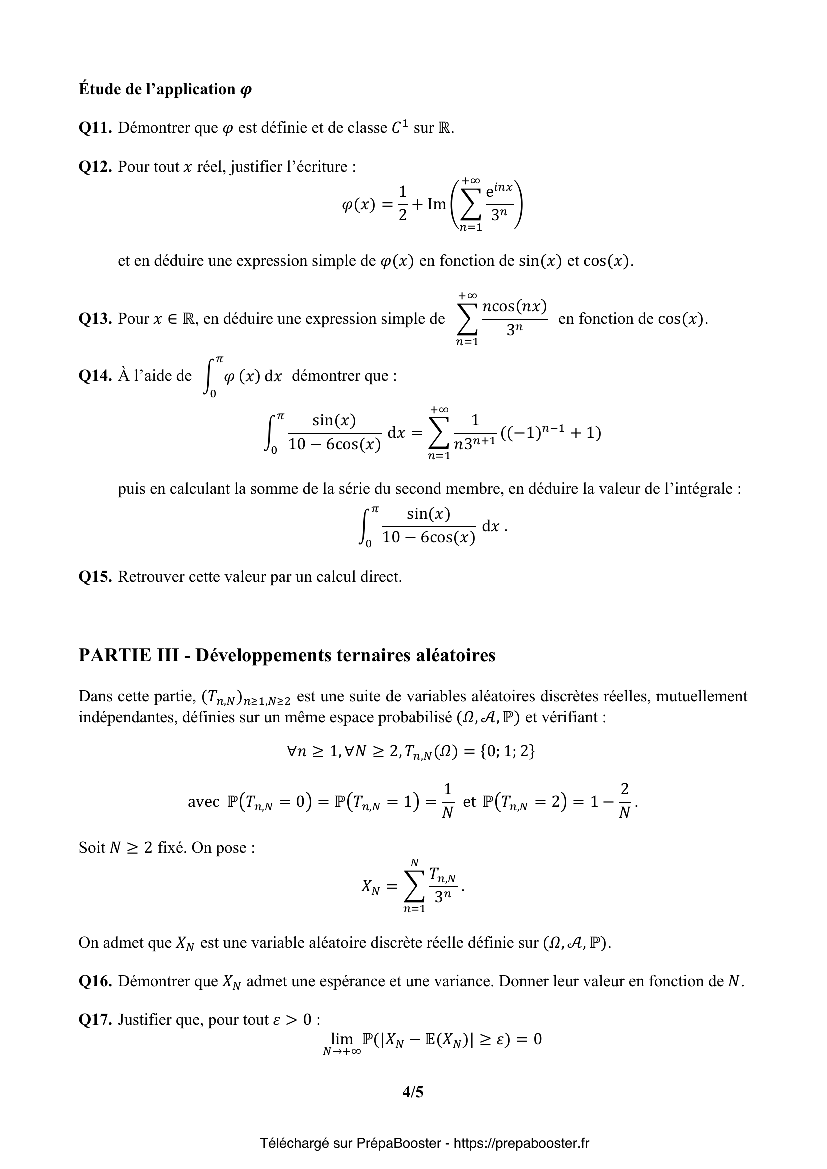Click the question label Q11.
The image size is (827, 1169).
[x=95, y=128]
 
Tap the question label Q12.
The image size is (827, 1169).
[x=95, y=166]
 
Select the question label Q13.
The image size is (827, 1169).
[x=95, y=319]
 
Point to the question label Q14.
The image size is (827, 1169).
[x=95, y=376]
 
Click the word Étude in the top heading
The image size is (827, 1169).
[x=97, y=89]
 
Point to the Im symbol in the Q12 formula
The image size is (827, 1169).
[x=436, y=205]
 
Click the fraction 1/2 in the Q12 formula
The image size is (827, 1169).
[x=403, y=203]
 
